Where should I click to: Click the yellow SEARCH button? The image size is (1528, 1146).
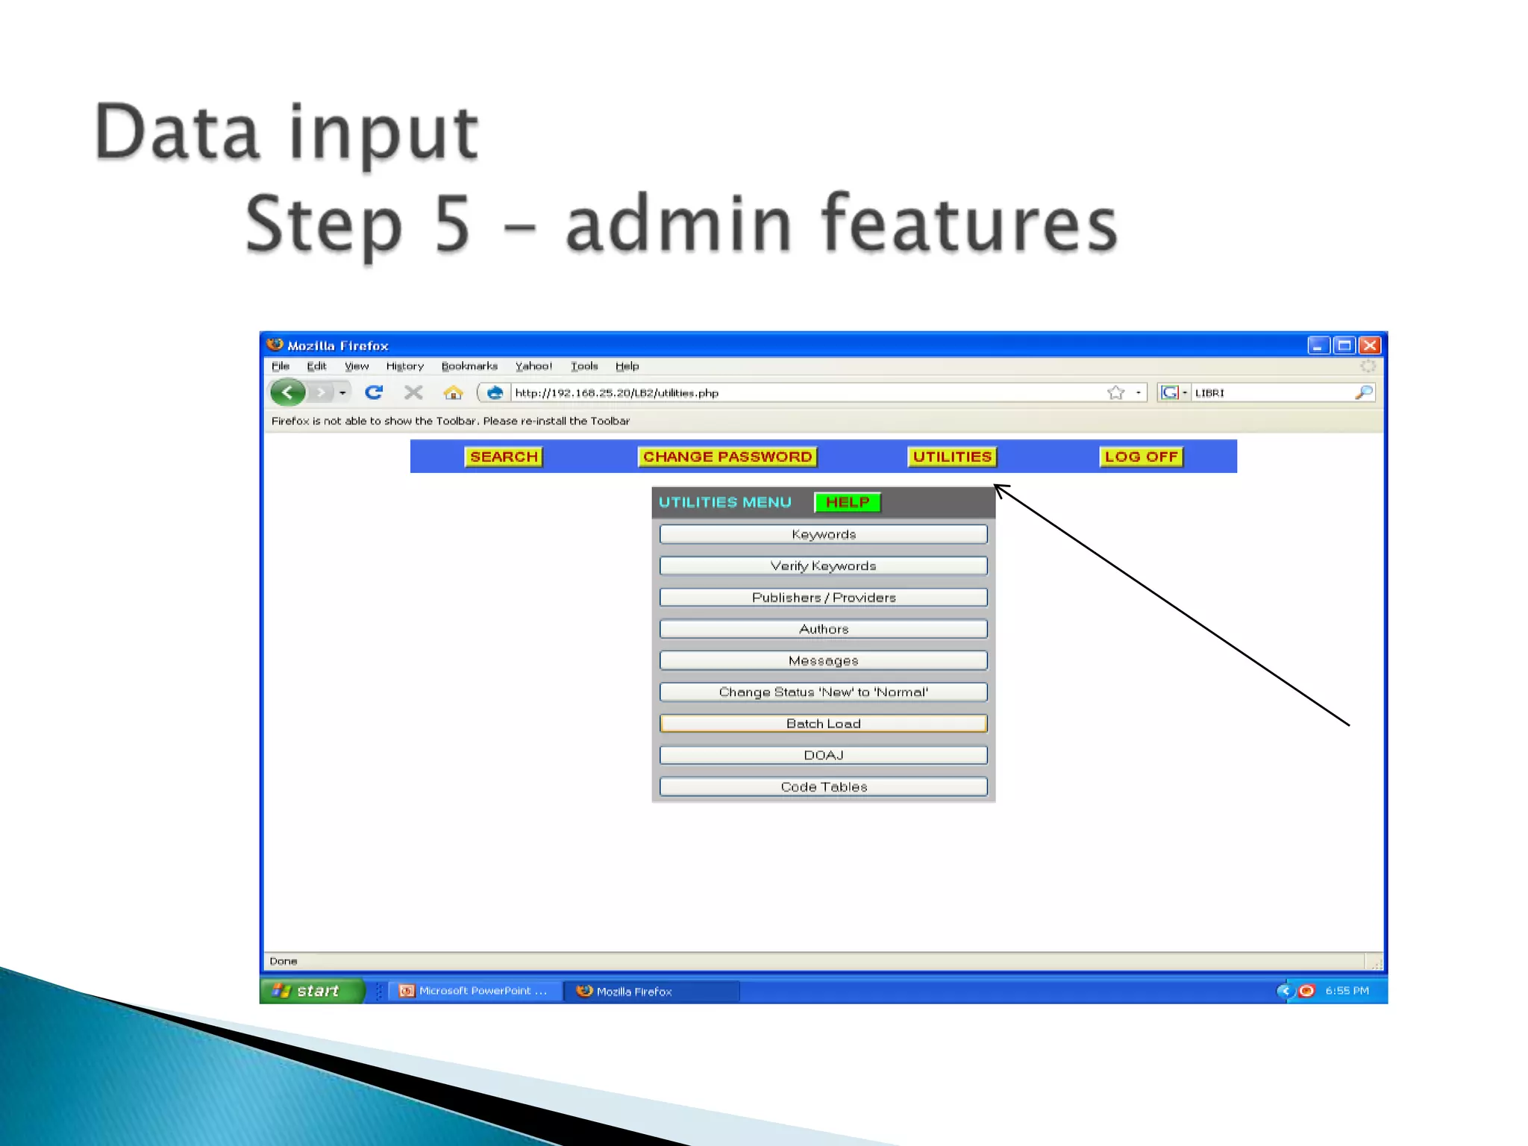[504, 457]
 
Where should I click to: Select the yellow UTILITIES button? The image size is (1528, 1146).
[952, 457]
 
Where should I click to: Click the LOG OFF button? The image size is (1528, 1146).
[1141, 457]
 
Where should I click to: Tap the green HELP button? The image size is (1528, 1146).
[848, 502]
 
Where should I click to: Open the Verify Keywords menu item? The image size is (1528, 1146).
[823, 566]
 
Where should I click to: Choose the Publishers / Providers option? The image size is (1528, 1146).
[823, 598]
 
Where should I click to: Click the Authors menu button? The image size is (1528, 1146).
[823, 629]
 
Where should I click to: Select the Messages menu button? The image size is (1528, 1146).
[823, 660]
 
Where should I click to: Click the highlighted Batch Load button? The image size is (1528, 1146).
[823, 724]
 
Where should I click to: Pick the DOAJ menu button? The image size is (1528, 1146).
[823, 755]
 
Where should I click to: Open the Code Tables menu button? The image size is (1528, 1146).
[823, 786]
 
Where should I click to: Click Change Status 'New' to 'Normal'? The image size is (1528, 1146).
[823, 692]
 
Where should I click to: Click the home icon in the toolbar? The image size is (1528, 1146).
[453, 392]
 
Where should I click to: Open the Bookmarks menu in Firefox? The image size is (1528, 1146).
[469, 366]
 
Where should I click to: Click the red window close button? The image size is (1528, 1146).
[1370, 345]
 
